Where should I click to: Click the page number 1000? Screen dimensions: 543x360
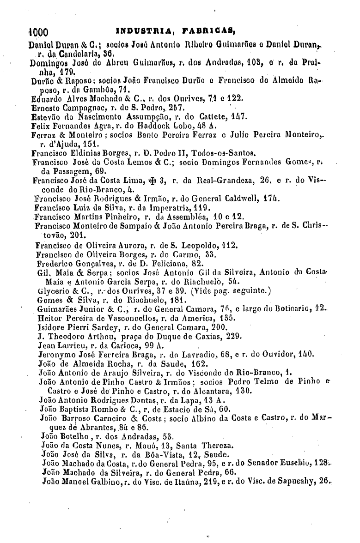pos(36,33)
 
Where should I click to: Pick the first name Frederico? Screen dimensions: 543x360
pos(55,263)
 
